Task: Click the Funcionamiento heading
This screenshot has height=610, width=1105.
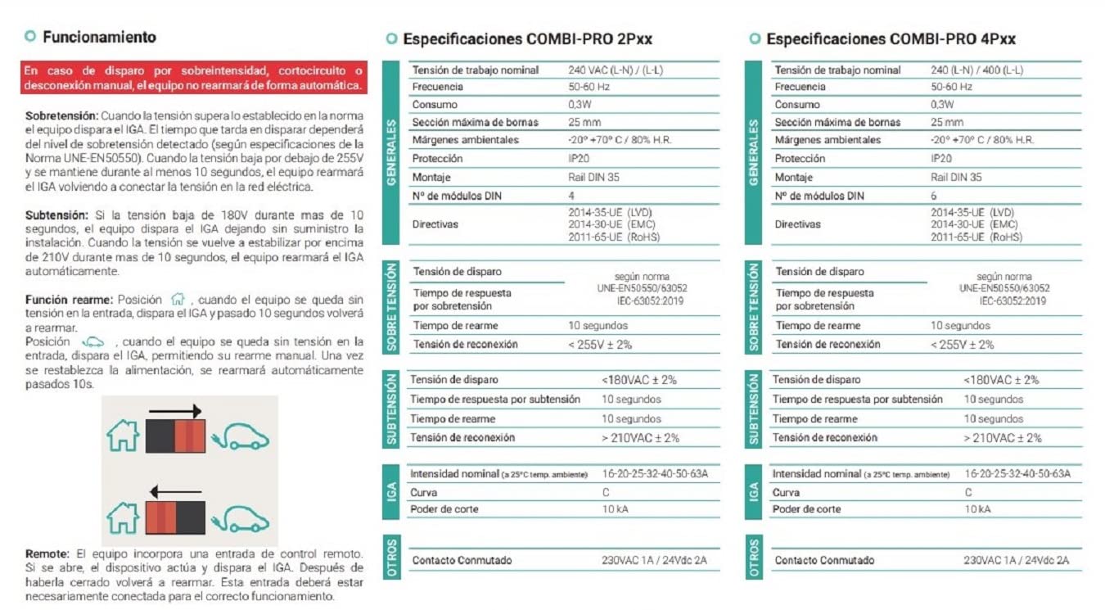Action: point(98,37)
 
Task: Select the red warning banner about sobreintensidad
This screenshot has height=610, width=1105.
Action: point(194,78)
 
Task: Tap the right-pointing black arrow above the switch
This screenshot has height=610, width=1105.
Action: point(175,411)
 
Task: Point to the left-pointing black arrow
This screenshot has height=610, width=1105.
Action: point(175,492)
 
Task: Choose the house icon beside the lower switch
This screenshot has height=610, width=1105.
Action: point(123,517)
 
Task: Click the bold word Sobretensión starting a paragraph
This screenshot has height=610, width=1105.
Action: point(61,116)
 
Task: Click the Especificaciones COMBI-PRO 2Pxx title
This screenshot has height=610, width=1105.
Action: point(527,38)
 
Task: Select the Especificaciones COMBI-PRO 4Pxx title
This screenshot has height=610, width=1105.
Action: point(891,38)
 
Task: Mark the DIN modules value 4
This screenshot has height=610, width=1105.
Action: point(571,196)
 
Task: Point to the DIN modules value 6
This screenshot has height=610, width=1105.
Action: point(934,196)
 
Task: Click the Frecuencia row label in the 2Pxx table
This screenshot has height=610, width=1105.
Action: point(437,87)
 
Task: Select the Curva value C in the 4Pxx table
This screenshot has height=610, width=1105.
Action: point(968,493)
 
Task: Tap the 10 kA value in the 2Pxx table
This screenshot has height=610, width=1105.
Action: point(615,509)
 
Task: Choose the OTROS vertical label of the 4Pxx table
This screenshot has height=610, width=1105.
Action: point(754,558)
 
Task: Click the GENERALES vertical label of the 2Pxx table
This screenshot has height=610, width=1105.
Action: point(392,152)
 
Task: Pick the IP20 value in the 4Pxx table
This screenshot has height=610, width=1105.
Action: point(941,159)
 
